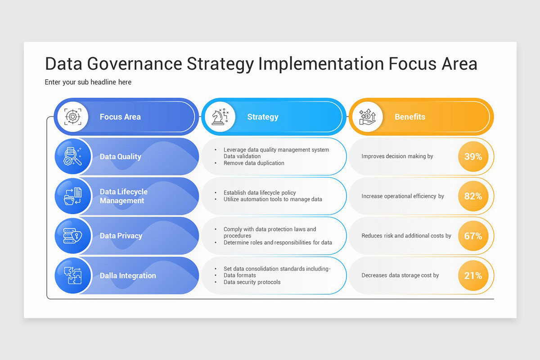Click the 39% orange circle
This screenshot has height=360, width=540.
click(473, 157)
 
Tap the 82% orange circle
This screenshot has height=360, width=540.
click(473, 196)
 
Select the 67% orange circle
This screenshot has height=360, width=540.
click(473, 236)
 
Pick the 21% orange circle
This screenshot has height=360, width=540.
click(473, 275)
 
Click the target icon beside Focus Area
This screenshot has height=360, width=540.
click(72, 117)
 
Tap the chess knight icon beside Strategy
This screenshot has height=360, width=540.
click(220, 117)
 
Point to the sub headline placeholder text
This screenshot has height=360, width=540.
click(88, 82)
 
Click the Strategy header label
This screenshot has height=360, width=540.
click(263, 117)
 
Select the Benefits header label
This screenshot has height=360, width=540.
click(410, 117)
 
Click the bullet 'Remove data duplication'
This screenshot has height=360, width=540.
click(254, 163)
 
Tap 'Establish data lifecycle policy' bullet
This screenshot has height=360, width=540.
click(260, 193)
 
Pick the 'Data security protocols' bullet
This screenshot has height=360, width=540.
click(252, 282)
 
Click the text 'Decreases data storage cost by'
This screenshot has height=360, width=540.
click(400, 275)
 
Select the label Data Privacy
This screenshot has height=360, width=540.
click(121, 236)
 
